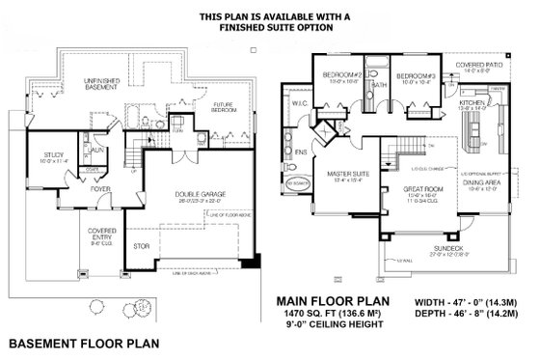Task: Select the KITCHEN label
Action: [x=472, y=101]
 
